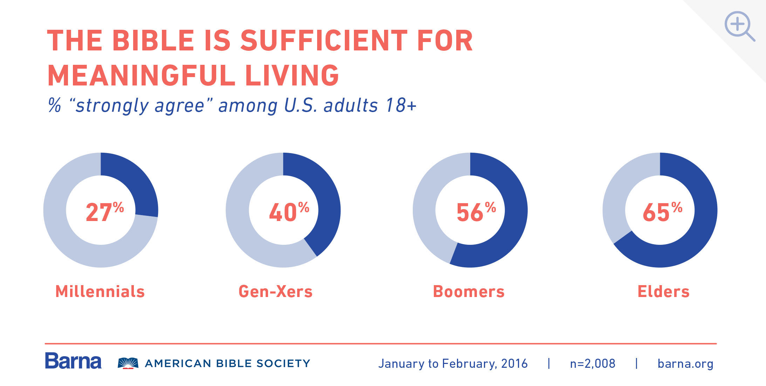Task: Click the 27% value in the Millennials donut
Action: point(104,212)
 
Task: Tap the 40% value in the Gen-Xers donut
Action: point(288,212)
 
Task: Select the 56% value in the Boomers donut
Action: point(476,212)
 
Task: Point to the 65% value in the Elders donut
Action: point(662,212)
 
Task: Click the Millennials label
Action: point(100,291)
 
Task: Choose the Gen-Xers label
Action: point(275,291)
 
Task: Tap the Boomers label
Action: point(469,291)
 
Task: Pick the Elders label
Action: point(663,291)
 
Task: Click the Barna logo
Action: point(73,361)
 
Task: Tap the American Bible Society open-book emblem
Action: point(128,363)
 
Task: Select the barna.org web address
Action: point(685,364)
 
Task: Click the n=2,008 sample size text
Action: point(593,364)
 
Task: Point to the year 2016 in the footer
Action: point(514,364)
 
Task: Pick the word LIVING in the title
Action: point(292,75)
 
